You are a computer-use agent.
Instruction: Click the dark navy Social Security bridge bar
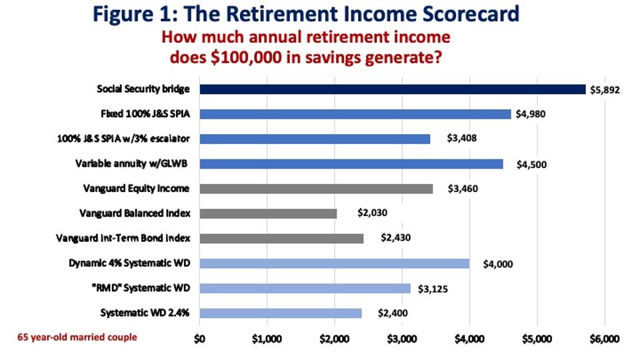click(x=393, y=89)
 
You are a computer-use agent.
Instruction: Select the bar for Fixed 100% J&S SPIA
click(x=355, y=114)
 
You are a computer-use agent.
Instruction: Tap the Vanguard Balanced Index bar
click(x=268, y=213)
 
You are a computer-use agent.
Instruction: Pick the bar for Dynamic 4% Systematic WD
click(x=334, y=263)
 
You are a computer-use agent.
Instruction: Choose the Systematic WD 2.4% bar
click(x=281, y=313)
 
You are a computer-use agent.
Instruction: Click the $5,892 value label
click(x=605, y=90)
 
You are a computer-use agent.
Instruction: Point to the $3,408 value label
click(x=461, y=138)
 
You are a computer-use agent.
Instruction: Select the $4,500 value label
click(x=531, y=165)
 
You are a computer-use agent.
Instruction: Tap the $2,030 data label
click(x=372, y=213)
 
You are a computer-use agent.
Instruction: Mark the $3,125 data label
click(x=433, y=289)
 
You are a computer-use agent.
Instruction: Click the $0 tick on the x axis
click(x=199, y=339)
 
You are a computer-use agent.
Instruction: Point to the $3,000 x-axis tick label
click(x=402, y=339)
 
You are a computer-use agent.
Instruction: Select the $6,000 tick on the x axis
click(x=605, y=339)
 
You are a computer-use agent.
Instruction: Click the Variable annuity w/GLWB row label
click(x=131, y=164)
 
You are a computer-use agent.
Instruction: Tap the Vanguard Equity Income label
click(x=136, y=189)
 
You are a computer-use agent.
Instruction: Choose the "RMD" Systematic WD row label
click(x=141, y=288)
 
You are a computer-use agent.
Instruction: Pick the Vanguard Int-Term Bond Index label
click(x=123, y=239)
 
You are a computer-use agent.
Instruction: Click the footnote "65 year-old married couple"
click(x=77, y=337)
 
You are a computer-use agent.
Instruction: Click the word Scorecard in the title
click(x=471, y=13)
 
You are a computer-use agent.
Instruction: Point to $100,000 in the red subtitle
click(x=246, y=57)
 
